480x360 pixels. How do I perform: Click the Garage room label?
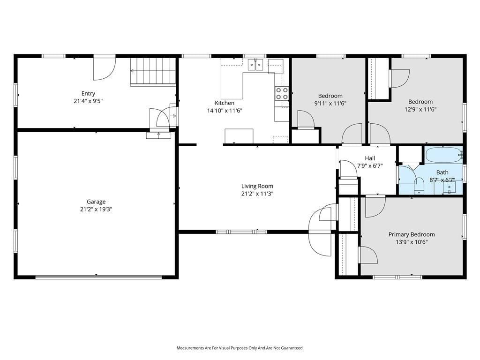(x=96, y=202)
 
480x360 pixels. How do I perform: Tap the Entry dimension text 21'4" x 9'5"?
(x=88, y=101)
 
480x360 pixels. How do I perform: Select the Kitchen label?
(x=225, y=103)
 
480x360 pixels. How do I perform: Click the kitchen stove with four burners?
(x=282, y=93)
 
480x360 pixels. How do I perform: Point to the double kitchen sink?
(x=255, y=65)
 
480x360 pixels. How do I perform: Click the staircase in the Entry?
(x=153, y=71)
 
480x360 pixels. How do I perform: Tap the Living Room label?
(x=257, y=186)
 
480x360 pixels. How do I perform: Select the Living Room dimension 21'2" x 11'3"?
(x=257, y=194)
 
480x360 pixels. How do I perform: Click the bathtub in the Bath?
(x=444, y=155)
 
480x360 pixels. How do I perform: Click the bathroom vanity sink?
(x=450, y=187)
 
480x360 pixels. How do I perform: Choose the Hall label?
(x=370, y=158)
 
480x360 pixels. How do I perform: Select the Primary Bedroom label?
(x=412, y=234)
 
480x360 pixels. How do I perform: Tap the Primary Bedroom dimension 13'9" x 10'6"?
(x=412, y=242)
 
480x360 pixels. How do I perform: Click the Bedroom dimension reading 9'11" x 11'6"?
(x=330, y=104)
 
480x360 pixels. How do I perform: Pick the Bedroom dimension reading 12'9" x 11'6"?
(x=420, y=109)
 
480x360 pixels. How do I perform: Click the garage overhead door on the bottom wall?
(x=98, y=277)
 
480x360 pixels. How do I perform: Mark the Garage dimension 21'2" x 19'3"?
(x=96, y=210)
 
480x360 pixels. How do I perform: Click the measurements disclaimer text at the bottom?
(x=240, y=348)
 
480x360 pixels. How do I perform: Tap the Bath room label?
(x=442, y=172)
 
